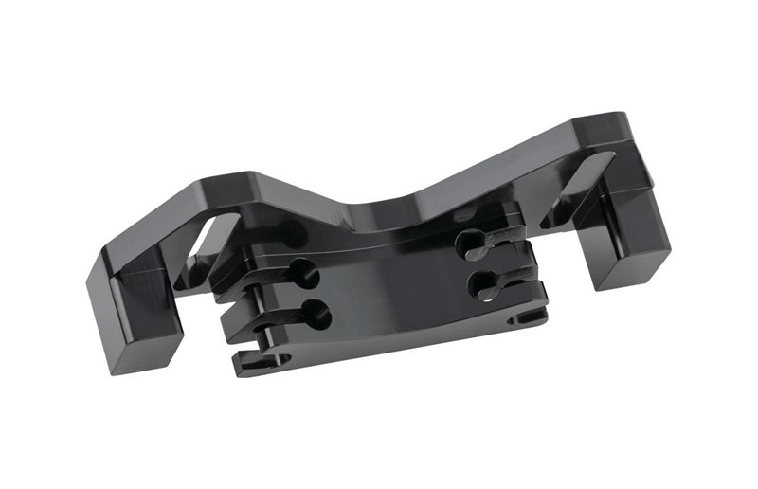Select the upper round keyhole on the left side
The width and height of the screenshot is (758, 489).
[305, 275]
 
